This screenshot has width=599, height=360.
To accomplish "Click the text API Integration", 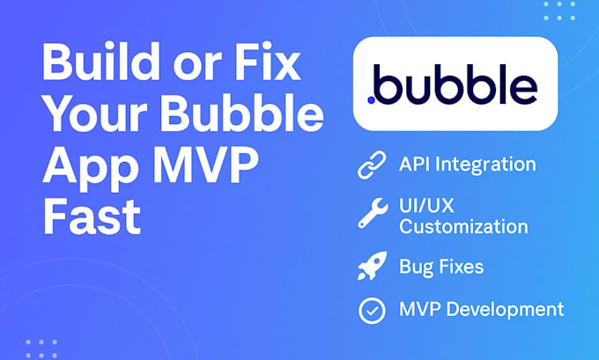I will click(467, 165).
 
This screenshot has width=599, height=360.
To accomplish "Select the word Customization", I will click(463, 227).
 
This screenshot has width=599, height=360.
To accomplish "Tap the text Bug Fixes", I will click(440, 267).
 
